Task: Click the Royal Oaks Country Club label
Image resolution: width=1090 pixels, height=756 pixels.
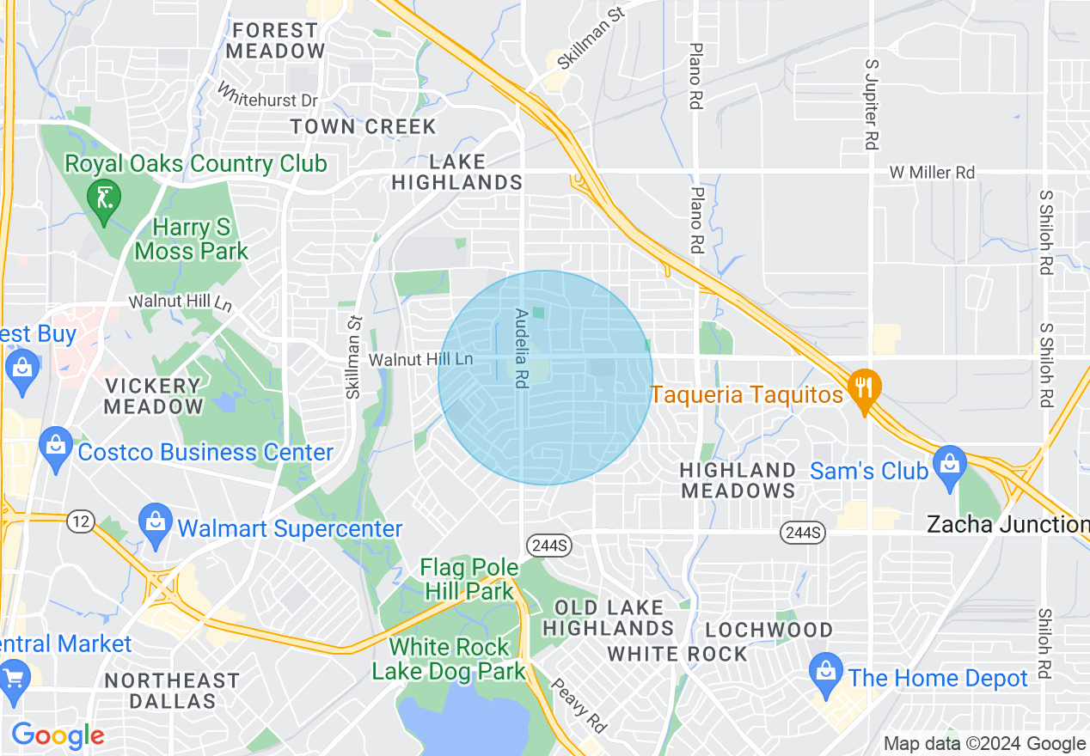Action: coord(197,163)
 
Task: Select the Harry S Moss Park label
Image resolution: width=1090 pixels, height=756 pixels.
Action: coord(192,240)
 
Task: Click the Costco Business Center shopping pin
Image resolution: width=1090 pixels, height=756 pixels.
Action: coord(56,446)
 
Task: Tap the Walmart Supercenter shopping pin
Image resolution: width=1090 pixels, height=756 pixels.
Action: coord(156,522)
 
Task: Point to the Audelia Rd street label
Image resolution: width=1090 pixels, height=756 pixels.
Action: coord(520,348)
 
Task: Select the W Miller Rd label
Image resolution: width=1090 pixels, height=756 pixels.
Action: coord(932,173)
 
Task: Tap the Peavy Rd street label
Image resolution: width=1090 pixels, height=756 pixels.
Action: coord(578,705)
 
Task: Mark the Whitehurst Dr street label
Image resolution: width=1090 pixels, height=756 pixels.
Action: coord(267,95)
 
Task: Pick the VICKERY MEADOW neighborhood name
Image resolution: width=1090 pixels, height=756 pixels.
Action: coord(152,396)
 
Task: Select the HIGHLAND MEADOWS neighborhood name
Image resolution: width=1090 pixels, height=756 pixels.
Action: coord(738,480)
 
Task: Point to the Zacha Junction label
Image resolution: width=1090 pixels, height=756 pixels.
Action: coord(1007,524)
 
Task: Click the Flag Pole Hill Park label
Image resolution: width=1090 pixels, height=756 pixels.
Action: coord(469,579)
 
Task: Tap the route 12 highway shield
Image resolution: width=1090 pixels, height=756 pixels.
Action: coord(81,521)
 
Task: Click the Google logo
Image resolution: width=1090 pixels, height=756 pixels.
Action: coord(58,735)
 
